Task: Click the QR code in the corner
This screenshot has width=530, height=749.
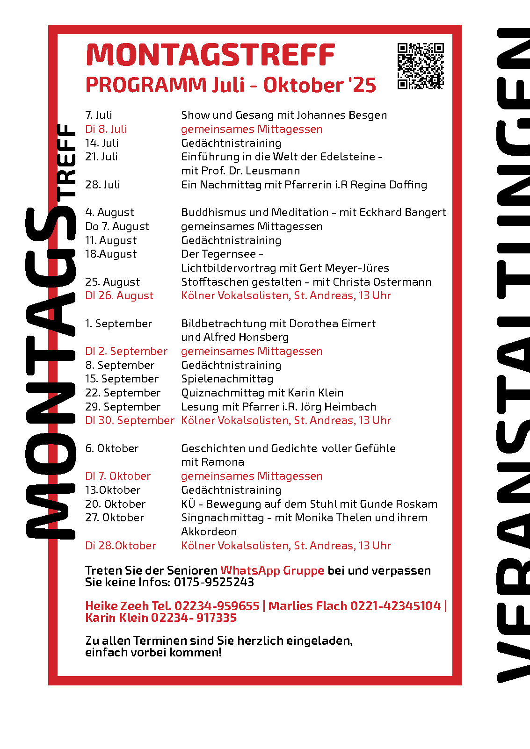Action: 420,66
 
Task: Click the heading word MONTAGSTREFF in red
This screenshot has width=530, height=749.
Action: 211,55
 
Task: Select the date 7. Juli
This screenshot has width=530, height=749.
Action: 99,115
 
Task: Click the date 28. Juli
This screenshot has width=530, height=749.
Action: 102,185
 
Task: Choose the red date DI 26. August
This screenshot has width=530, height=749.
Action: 119,295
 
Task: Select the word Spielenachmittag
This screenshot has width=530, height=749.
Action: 227,379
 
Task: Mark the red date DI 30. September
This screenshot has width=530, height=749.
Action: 130,420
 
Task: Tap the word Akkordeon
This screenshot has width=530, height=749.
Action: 209,532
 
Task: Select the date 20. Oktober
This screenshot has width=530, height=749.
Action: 116,504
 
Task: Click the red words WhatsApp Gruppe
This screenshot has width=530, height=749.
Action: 272,570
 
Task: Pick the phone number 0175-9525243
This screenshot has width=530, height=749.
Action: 214,582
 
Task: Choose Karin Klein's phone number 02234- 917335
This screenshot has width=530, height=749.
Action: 194,618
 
